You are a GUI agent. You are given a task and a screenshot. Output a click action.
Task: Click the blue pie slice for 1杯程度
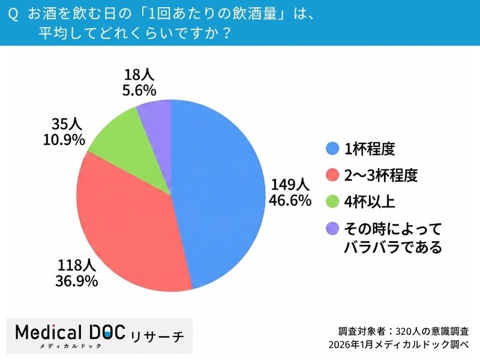tap(222, 192)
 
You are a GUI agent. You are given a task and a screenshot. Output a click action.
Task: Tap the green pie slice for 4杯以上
tap(117, 135)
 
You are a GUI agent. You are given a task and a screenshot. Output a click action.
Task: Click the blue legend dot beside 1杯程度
tap(331, 148)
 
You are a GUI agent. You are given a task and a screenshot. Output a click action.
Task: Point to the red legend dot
tap(331, 175)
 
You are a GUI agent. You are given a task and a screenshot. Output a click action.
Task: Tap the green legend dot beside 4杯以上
tap(331, 202)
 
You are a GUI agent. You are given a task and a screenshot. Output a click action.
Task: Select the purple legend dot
tap(331, 229)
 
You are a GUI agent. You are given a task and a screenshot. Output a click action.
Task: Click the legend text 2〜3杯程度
tap(380, 175)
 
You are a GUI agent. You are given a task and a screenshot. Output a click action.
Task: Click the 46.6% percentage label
tap(289, 200)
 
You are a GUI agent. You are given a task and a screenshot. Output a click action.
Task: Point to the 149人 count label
tap(289, 184)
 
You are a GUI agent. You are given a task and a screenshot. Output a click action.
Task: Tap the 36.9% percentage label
tap(78, 280)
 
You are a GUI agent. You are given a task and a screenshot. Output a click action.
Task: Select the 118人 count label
tap(78, 265)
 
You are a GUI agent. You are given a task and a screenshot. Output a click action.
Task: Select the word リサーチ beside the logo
tap(157, 335)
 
